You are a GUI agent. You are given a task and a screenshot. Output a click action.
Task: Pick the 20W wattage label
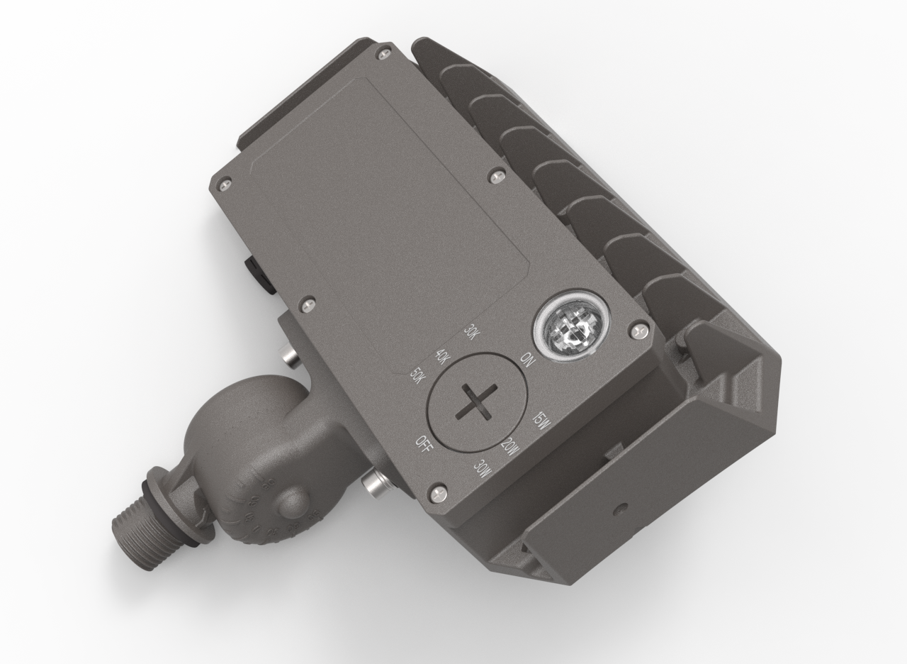coord(509,448)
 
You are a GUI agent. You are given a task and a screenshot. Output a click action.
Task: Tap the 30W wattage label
coord(483,470)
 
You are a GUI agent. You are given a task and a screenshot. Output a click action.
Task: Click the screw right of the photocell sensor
coord(638,330)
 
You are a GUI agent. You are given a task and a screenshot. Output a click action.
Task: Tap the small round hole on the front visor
coord(621,509)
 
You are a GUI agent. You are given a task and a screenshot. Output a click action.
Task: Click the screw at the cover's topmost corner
coord(383,50)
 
